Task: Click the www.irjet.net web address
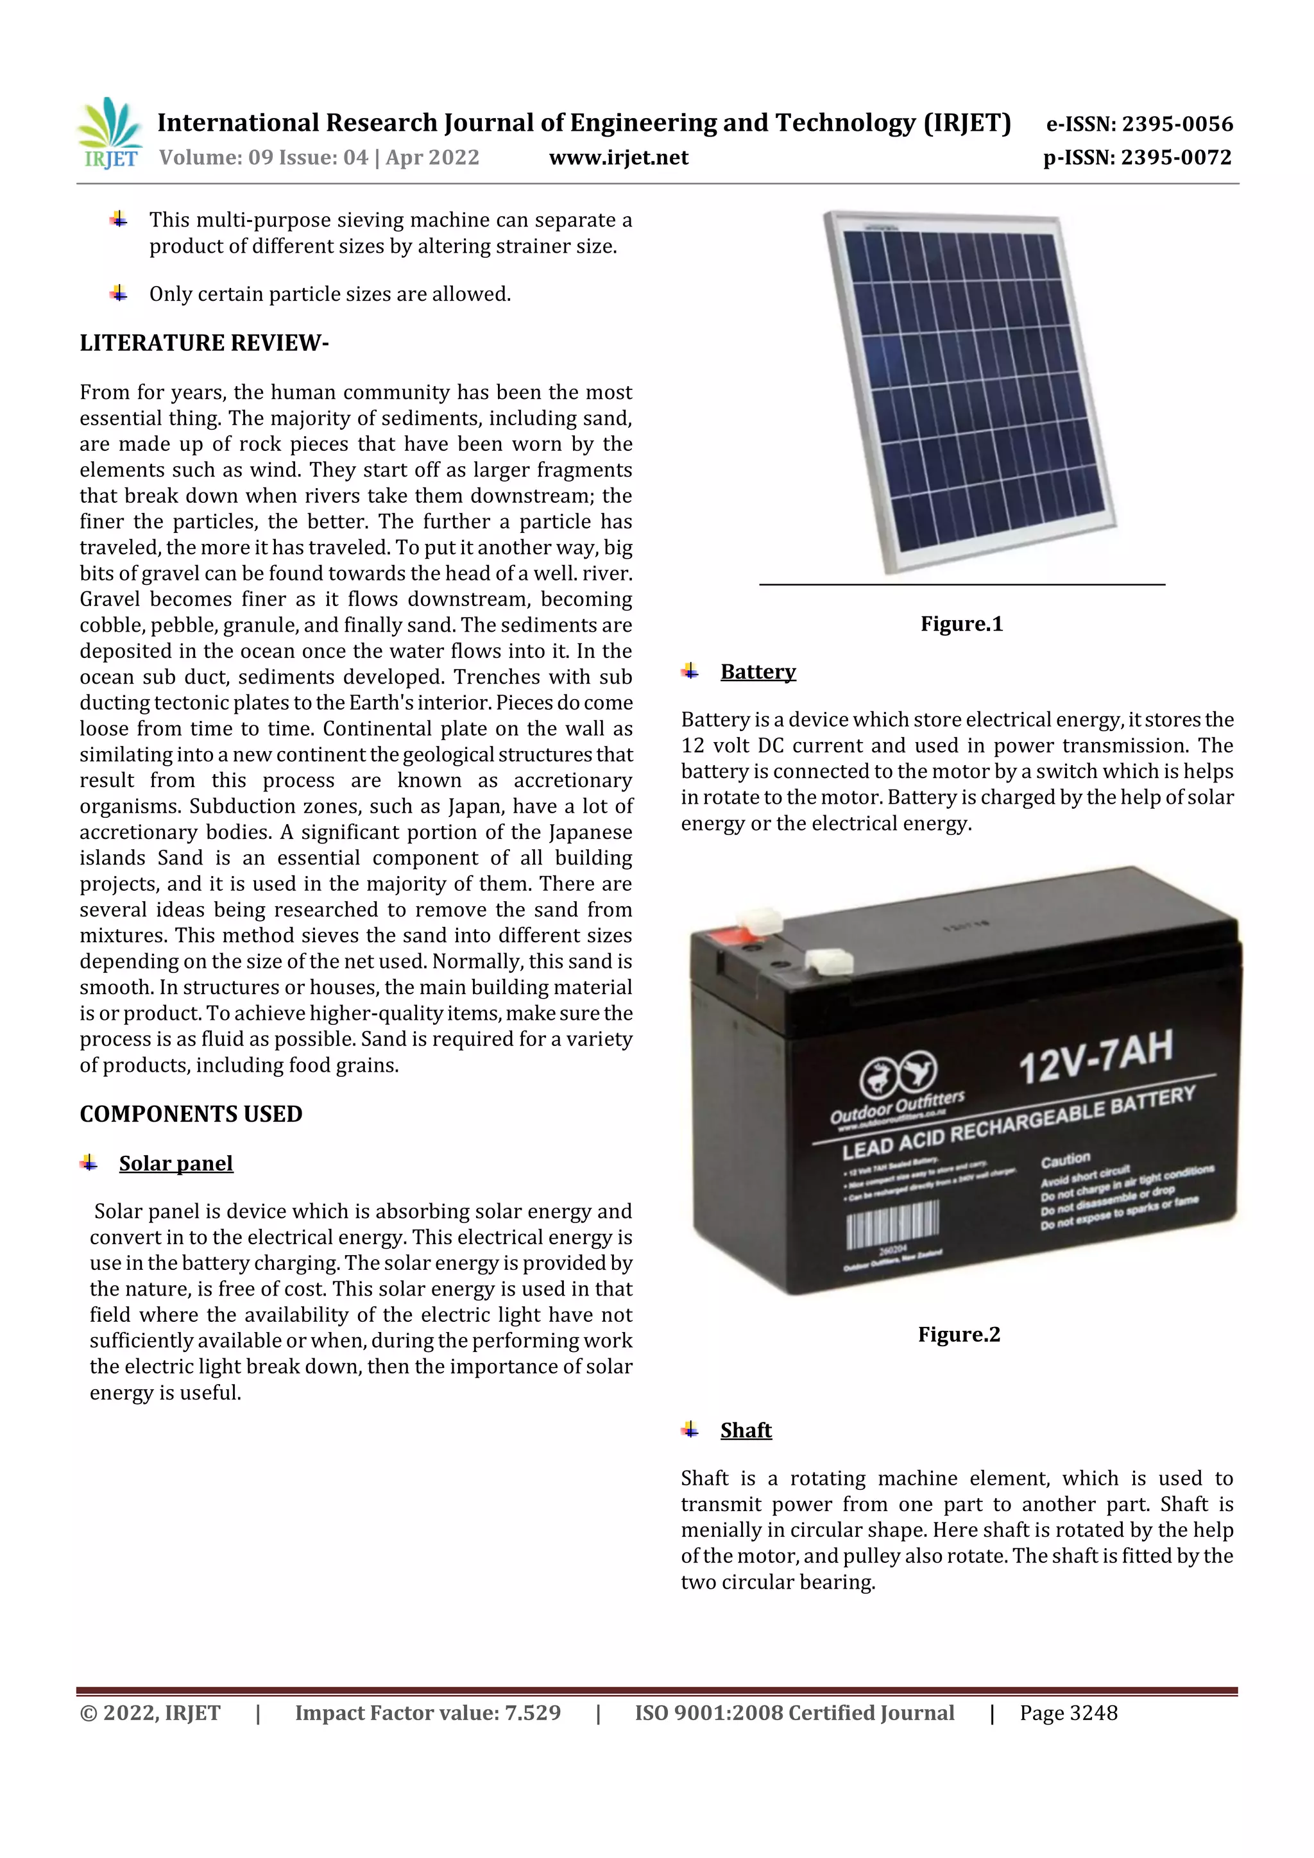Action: [619, 158]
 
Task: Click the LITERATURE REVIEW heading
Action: [204, 343]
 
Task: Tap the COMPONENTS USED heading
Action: [191, 1114]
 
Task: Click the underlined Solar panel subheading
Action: [176, 1163]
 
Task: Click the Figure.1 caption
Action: [961, 624]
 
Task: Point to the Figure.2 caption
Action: [959, 1335]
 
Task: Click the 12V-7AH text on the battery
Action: [1095, 1057]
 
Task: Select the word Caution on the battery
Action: [1066, 1160]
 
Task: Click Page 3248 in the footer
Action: [1068, 1713]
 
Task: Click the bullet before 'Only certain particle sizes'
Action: [118, 293]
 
